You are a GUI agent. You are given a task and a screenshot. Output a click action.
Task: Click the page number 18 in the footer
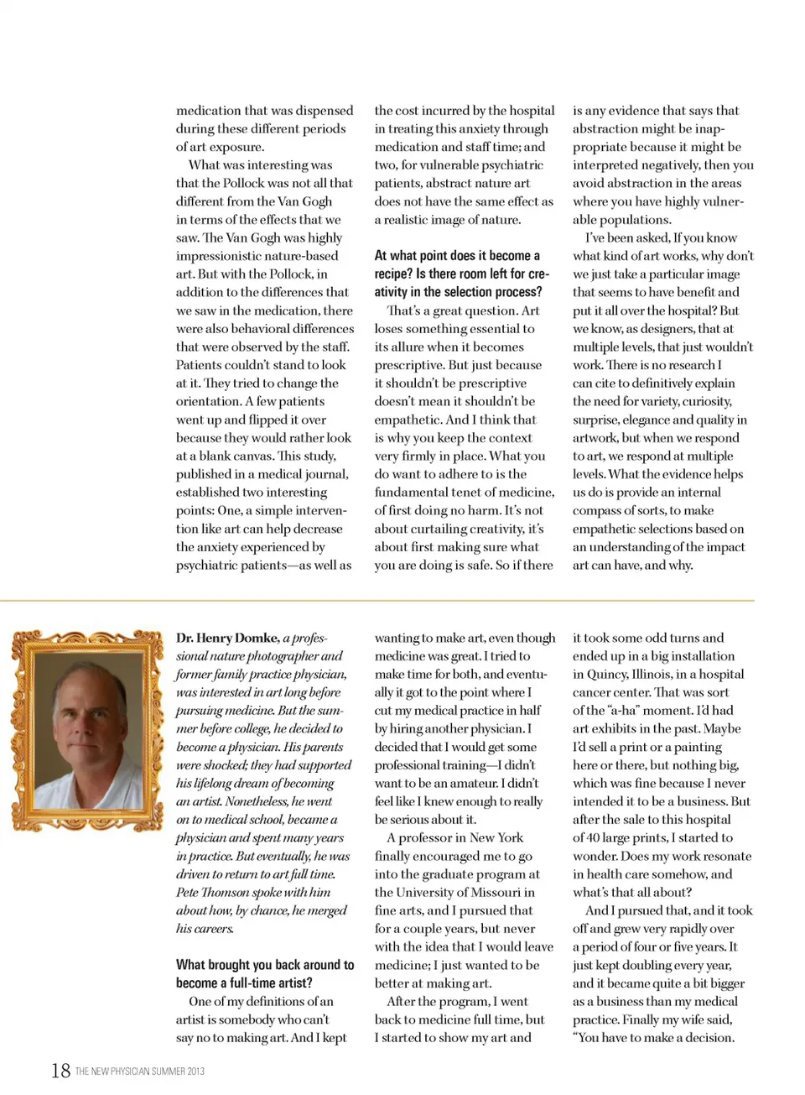coord(60,1070)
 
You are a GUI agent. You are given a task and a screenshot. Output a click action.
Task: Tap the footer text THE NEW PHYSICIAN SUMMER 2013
coord(140,1072)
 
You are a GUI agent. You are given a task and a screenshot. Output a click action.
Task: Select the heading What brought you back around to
coord(265,965)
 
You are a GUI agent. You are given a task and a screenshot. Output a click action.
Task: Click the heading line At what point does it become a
coord(457,256)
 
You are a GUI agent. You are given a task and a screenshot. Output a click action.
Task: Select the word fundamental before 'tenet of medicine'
coord(416,492)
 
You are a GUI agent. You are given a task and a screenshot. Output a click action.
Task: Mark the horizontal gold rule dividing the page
coord(377,601)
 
